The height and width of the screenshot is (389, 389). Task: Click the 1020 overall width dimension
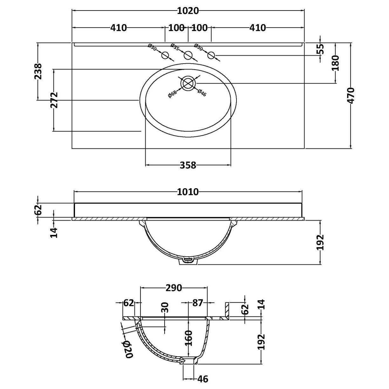pyautogui.click(x=188, y=11)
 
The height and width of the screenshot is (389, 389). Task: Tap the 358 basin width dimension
pyautogui.click(x=188, y=165)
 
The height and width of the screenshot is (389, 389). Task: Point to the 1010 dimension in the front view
pyautogui.click(x=188, y=192)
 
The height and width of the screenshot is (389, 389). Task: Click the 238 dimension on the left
pyautogui.click(x=38, y=72)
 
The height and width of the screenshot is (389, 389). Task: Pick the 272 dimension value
pyautogui.click(x=54, y=100)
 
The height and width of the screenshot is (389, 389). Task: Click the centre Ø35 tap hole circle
pyautogui.click(x=188, y=56)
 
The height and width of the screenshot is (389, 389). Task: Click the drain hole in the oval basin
pyautogui.click(x=188, y=83)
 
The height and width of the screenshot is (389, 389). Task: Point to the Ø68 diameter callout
pyautogui.click(x=172, y=94)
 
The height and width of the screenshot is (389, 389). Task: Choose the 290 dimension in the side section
pyautogui.click(x=174, y=288)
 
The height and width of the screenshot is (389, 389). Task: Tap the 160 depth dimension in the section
pyautogui.click(x=188, y=338)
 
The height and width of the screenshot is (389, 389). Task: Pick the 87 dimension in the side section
pyautogui.click(x=197, y=303)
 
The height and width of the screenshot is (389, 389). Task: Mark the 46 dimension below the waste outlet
pyautogui.click(x=203, y=379)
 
